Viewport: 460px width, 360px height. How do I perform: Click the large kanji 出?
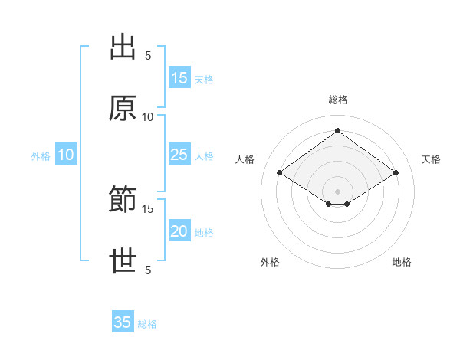[x=123, y=47]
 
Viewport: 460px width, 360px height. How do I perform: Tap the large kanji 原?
[x=123, y=108]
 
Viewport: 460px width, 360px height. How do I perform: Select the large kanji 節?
[x=123, y=199]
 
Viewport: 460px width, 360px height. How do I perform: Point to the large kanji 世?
[x=123, y=260]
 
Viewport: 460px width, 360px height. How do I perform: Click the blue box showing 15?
[x=179, y=77]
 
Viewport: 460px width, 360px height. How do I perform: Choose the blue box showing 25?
[x=179, y=154]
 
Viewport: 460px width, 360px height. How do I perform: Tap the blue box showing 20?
[x=179, y=230]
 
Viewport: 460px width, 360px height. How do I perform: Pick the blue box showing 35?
[x=123, y=321]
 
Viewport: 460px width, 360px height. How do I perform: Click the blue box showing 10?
[x=66, y=154]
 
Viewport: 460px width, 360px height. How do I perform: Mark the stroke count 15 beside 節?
[x=147, y=209]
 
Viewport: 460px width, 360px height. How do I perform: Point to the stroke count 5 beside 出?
[x=148, y=56]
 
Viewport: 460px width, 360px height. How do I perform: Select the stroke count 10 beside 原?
[x=147, y=117]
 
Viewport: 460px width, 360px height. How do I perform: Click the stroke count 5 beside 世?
[x=148, y=270]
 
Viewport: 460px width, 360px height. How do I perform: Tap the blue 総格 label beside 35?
[x=147, y=324]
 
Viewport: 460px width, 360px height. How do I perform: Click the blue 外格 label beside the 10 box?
[x=41, y=156]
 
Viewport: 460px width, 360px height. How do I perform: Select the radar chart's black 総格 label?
[x=338, y=100]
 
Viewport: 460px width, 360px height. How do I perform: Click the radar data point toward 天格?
[x=396, y=172]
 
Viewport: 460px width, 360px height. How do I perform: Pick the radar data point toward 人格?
[x=280, y=172]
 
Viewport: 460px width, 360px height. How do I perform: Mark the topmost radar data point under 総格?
[x=337, y=130]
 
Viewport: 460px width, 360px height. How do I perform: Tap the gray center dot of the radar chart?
[x=337, y=191]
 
